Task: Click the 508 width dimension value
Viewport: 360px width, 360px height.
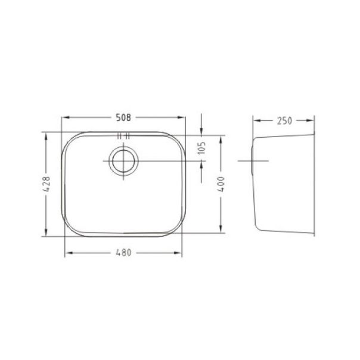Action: (123, 117)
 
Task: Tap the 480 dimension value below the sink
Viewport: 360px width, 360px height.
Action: (123, 253)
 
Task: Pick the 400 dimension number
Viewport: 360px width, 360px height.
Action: (221, 184)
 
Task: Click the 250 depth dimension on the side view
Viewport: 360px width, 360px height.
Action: (284, 120)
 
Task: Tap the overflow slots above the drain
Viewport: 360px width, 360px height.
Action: (123, 136)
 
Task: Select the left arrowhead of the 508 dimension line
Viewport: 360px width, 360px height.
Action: (66, 117)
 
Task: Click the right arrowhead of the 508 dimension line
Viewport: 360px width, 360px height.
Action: (182, 117)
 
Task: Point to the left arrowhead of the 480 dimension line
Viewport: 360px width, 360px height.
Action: (67, 253)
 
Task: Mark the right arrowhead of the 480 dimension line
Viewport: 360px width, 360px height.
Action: (179, 253)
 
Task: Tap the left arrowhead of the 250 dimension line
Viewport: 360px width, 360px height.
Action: (256, 120)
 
